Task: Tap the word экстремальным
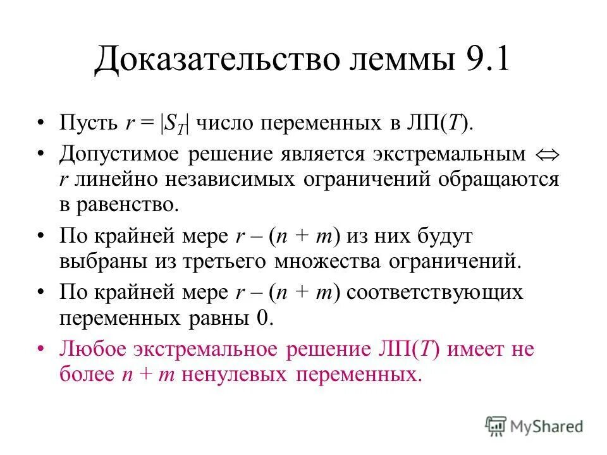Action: pos(448,154)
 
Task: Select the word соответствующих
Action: pos(436,293)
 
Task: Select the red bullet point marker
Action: pos(40,349)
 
